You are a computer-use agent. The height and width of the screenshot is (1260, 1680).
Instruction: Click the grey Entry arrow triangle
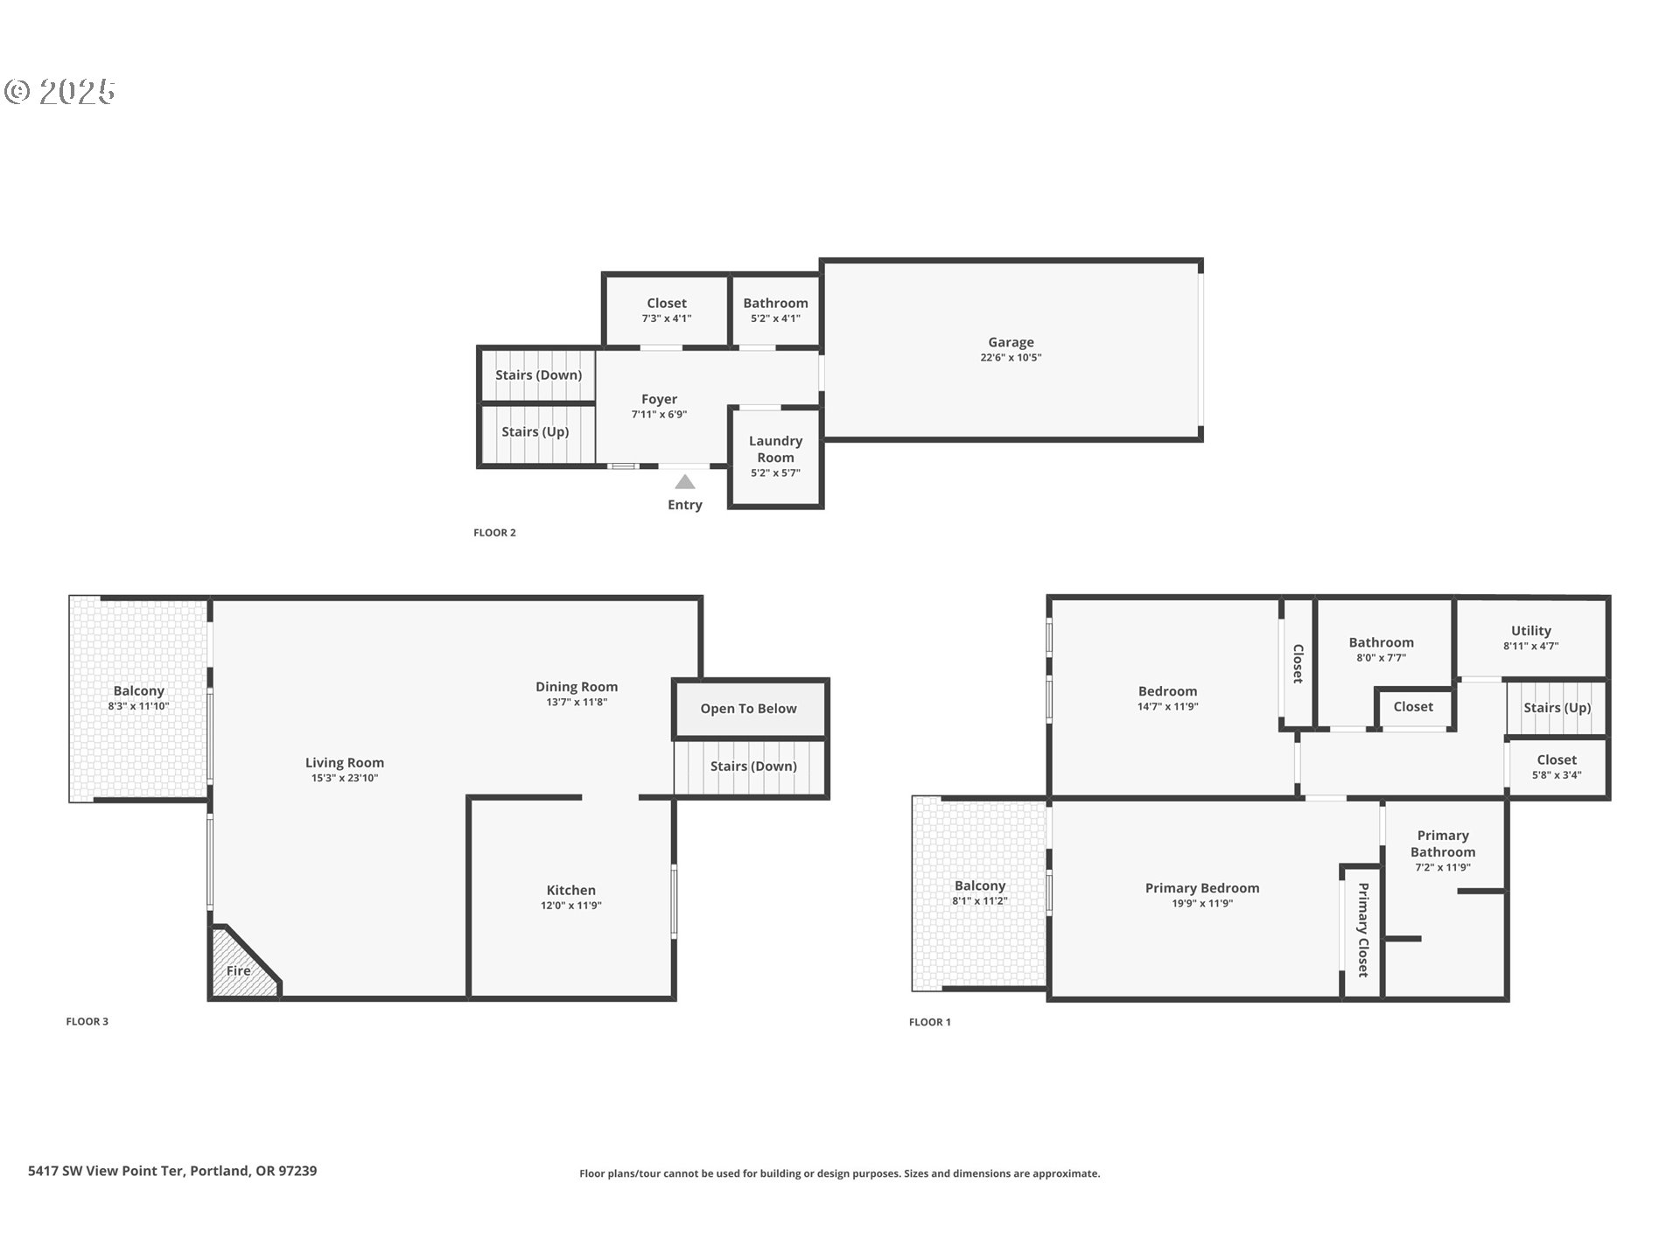685,482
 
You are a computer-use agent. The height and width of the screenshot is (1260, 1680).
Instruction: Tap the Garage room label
1011,342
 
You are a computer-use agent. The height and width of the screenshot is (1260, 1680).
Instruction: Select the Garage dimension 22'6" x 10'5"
1011,357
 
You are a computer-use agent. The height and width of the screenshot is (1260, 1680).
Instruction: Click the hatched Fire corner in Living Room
241,965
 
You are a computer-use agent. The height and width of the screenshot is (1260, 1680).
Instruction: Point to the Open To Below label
748,709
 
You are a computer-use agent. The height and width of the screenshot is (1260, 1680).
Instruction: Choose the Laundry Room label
775,449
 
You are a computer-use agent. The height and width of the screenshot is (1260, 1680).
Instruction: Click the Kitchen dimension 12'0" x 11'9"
570,906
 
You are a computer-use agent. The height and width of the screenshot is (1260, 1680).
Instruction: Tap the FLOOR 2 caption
494,532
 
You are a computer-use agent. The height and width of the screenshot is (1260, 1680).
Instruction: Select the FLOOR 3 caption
87,1021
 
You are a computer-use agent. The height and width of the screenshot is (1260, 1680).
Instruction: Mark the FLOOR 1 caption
929,1022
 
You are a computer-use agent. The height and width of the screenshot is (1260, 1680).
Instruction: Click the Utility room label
1530,631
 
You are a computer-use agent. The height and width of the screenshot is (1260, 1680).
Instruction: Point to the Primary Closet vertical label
1362,929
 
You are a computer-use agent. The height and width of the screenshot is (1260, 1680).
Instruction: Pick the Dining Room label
577,687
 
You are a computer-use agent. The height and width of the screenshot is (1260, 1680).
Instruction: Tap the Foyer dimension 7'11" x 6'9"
659,414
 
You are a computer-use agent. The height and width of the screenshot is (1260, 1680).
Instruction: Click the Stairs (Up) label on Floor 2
535,431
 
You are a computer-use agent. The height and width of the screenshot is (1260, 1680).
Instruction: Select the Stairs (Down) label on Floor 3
753,766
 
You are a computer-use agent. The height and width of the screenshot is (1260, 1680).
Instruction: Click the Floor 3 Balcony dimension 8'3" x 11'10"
138,706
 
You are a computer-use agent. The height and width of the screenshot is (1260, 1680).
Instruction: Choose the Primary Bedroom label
1202,888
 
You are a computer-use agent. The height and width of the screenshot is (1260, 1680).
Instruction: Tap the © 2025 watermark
59,92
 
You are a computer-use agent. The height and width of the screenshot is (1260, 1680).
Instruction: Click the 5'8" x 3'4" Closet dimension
1557,775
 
